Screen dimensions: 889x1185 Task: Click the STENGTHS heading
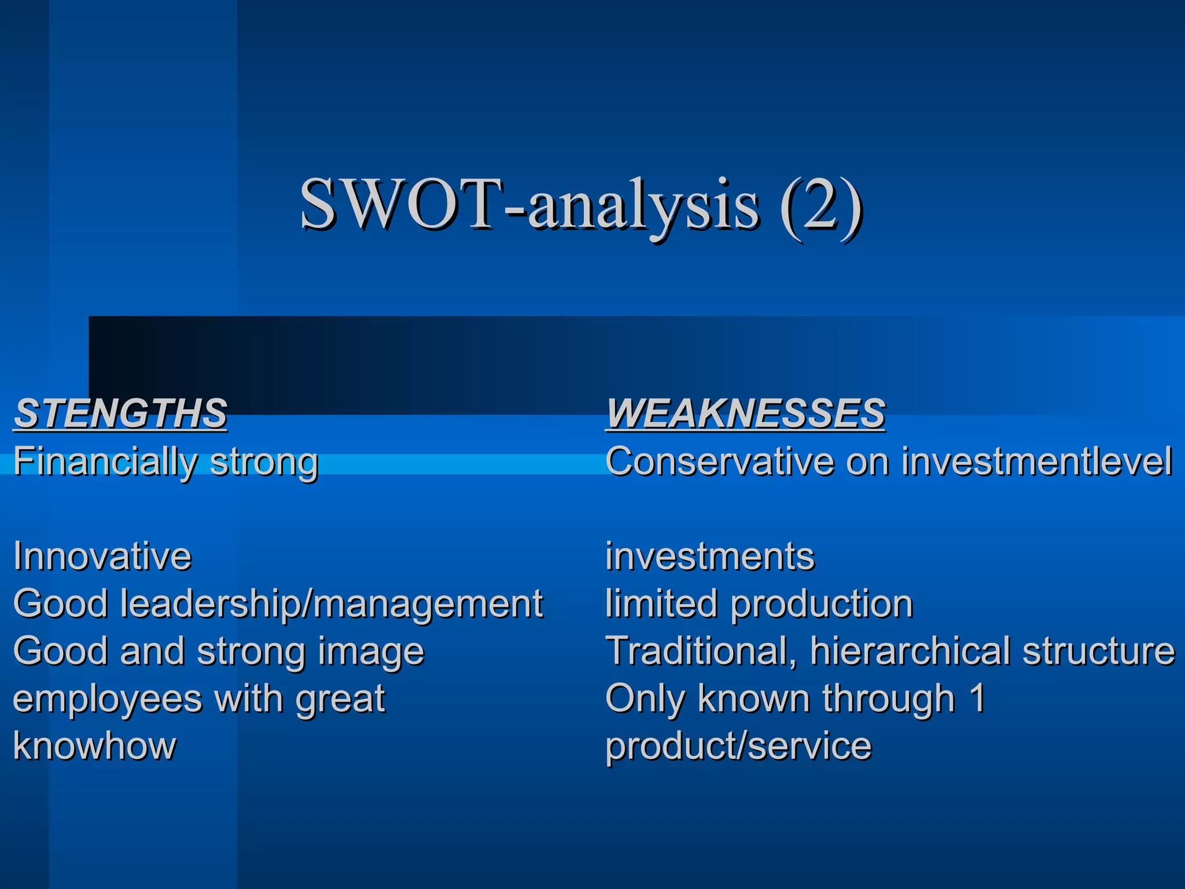coord(120,413)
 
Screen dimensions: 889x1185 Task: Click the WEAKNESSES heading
coord(745,413)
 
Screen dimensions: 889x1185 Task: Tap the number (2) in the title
coord(820,206)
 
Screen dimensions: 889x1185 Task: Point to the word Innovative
coord(102,556)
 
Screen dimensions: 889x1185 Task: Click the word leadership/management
coord(332,604)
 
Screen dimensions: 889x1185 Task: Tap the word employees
coord(107,699)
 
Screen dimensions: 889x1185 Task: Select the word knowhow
coord(94,745)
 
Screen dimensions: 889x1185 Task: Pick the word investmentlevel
coord(1036,461)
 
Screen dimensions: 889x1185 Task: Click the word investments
coord(709,556)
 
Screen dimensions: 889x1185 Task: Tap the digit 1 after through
coord(977,698)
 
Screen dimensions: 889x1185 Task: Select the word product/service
coord(738,745)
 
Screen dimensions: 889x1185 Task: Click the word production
coord(822,604)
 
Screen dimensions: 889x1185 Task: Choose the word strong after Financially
coord(264,462)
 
